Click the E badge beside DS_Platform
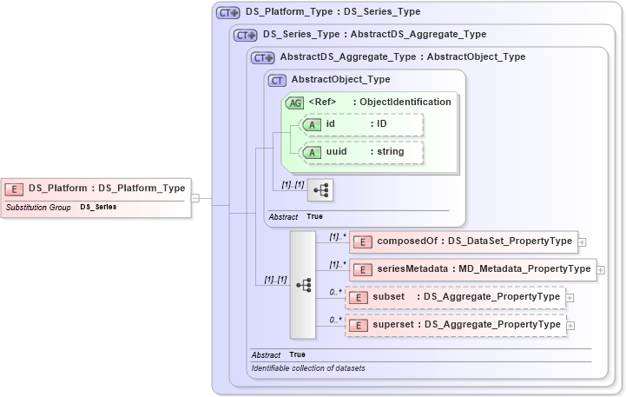[x=15, y=188]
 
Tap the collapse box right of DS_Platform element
[x=195, y=198]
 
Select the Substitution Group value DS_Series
[x=98, y=208]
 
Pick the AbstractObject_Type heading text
[x=340, y=79]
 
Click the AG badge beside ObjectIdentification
[x=295, y=102]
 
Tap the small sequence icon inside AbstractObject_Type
[x=320, y=189]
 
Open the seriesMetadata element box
[x=472, y=269]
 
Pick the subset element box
[x=455, y=297]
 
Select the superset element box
[x=455, y=325]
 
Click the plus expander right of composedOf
[x=583, y=242]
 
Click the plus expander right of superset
[x=570, y=326]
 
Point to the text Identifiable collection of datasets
[x=308, y=368]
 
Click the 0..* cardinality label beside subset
[x=335, y=291]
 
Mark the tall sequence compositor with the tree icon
[x=303, y=284]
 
